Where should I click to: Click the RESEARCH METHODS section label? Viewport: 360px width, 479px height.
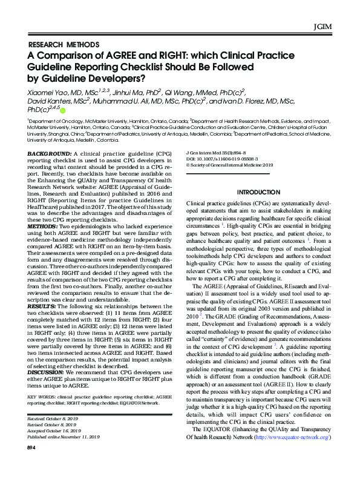(64, 45)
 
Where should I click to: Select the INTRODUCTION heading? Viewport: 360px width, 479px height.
(258, 192)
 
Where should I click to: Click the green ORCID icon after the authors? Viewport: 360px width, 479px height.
(62, 110)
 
